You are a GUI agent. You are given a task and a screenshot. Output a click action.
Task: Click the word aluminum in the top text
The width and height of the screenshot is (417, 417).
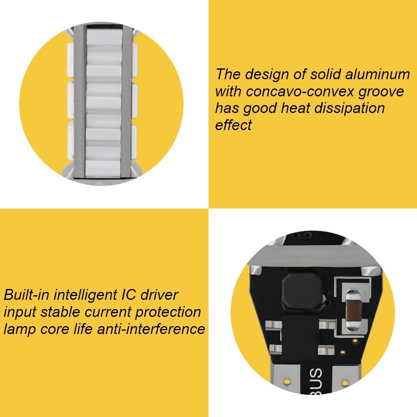(378, 74)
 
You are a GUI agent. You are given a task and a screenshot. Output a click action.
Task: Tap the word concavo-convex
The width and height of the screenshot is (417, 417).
(300, 91)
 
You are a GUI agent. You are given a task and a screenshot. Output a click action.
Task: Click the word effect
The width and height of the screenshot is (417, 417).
(233, 125)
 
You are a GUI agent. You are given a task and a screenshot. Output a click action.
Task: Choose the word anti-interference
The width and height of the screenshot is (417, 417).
(151, 329)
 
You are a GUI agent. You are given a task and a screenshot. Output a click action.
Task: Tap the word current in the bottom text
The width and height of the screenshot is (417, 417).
(108, 312)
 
